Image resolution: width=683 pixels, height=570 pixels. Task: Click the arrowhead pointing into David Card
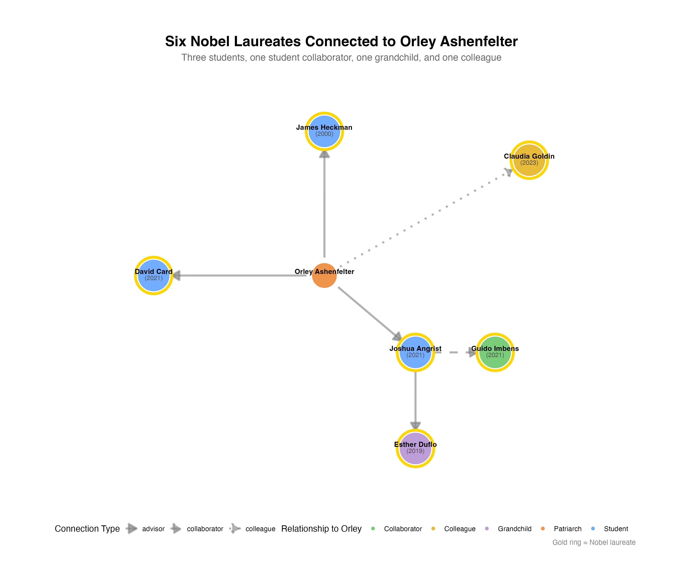pos(176,275)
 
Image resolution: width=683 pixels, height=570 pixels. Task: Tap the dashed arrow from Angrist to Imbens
pos(455,352)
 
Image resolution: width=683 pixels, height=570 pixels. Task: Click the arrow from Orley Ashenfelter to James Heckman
pos(324,205)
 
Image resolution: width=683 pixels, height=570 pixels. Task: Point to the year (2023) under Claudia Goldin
pos(529,162)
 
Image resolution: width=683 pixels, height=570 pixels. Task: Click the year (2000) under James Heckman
pos(324,134)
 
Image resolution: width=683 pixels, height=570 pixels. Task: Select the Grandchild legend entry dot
pos(487,529)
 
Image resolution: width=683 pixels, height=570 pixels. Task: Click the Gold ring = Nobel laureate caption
pos(594,542)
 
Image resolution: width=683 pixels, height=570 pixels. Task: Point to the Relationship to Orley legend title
pos(321,529)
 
